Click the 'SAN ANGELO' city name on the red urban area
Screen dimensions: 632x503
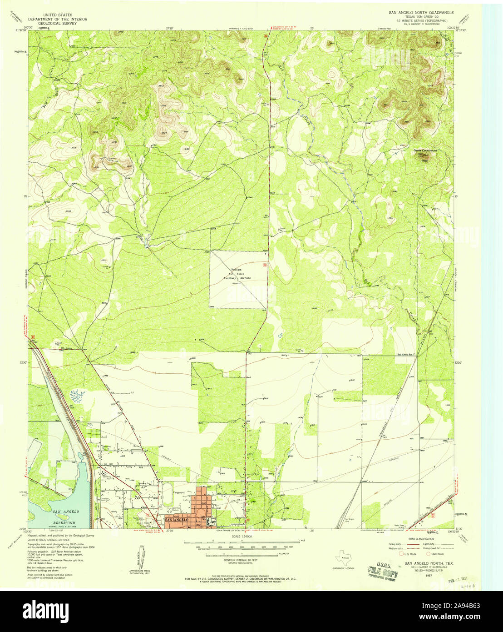point(176,520)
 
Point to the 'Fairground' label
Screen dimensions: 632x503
point(178,492)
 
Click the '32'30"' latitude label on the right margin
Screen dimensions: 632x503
point(459,362)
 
